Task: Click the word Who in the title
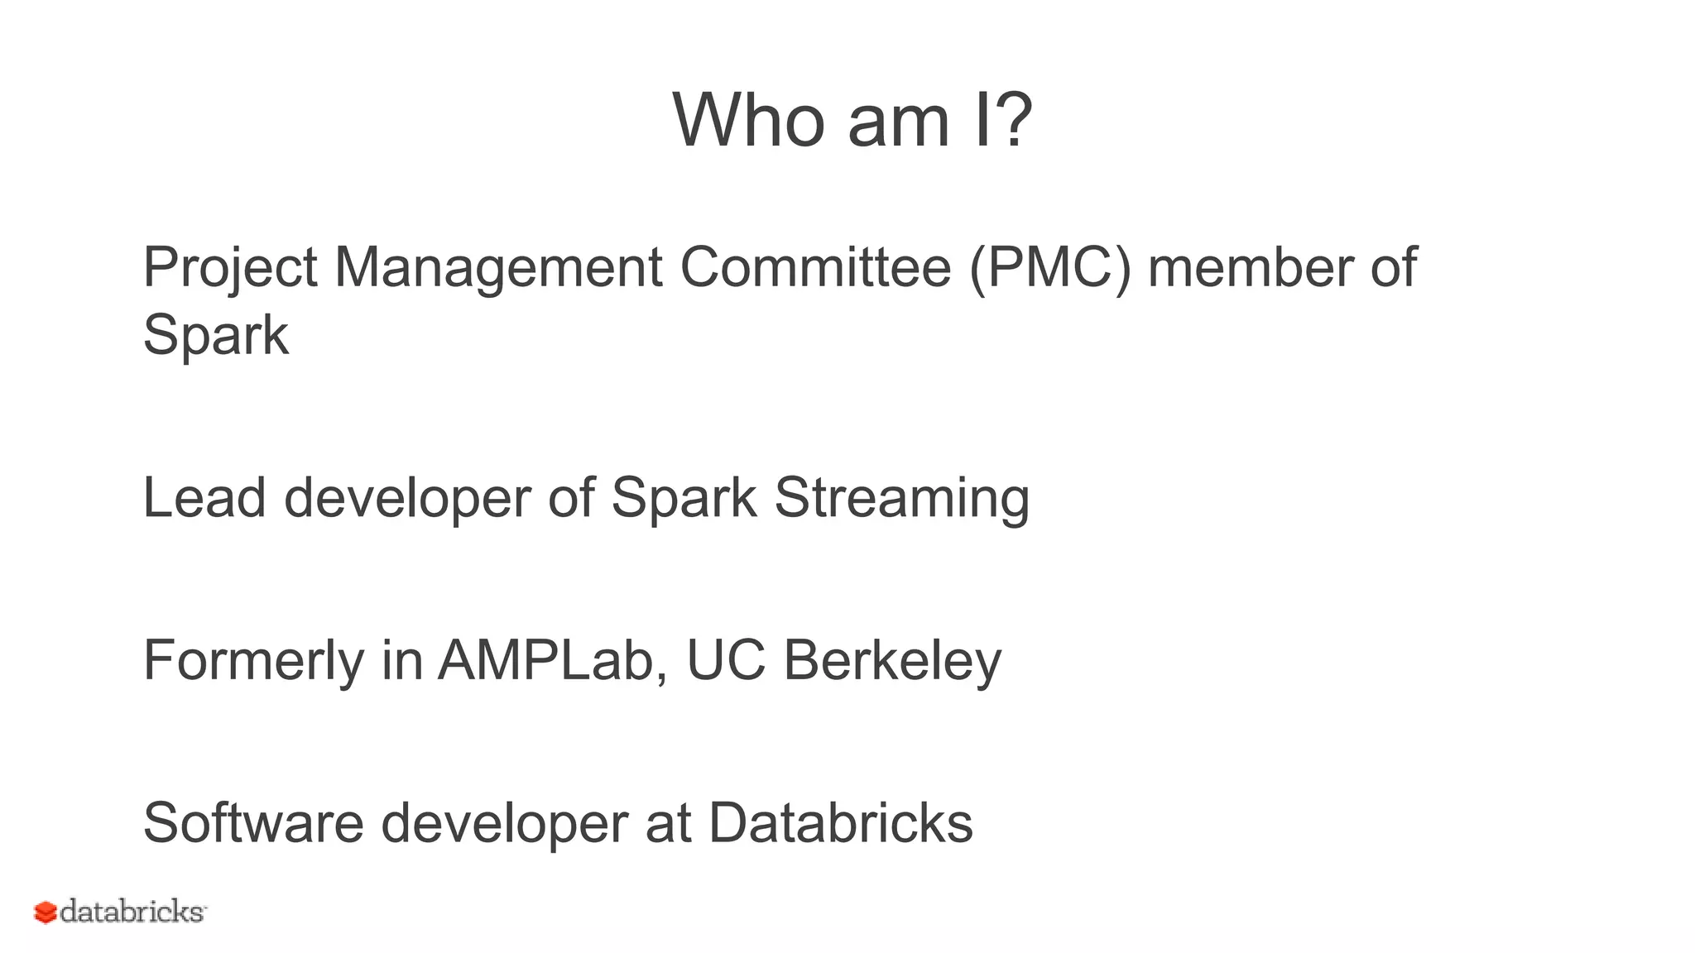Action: tap(748, 121)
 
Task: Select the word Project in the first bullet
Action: tap(229, 268)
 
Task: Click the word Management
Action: tap(497, 268)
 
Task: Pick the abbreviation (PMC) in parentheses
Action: tap(1049, 268)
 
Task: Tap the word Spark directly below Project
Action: tap(215, 336)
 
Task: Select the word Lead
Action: tap(204, 497)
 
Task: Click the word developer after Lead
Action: tap(406, 499)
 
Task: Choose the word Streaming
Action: tap(901, 499)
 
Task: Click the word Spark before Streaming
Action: tap(683, 499)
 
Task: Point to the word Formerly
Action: tap(253, 661)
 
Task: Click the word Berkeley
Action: tap(892, 661)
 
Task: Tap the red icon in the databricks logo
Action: tap(45, 912)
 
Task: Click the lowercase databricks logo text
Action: tap(132, 911)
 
